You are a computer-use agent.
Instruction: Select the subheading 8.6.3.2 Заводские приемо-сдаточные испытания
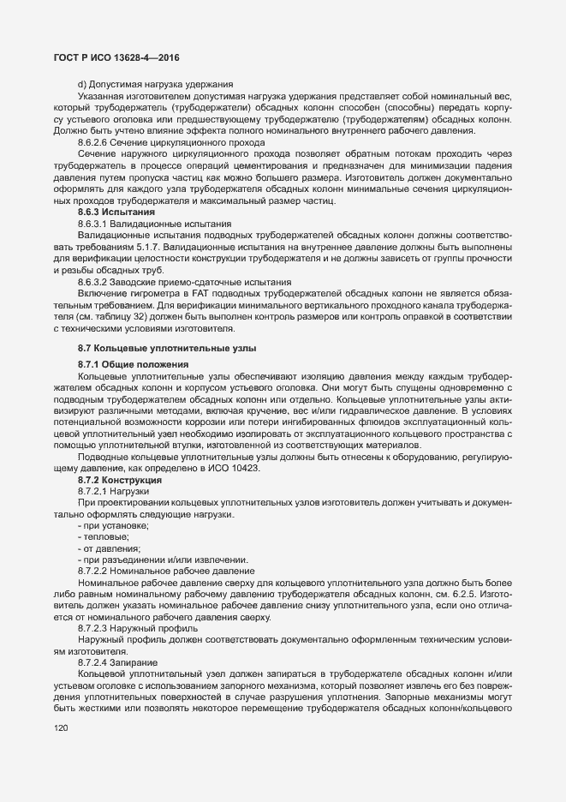(x=184, y=281)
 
